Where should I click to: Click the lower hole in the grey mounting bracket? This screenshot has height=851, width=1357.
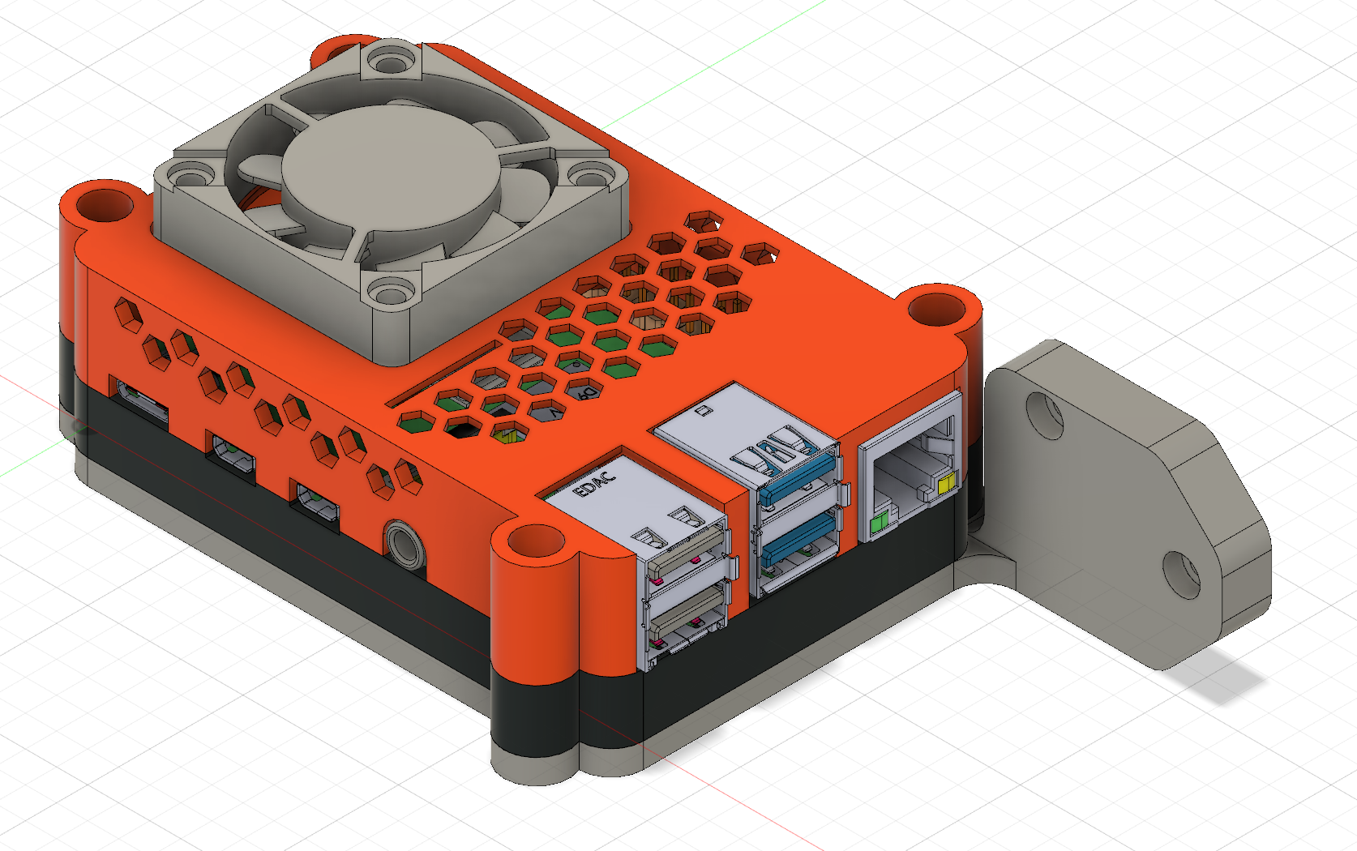tap(1181, 572)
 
